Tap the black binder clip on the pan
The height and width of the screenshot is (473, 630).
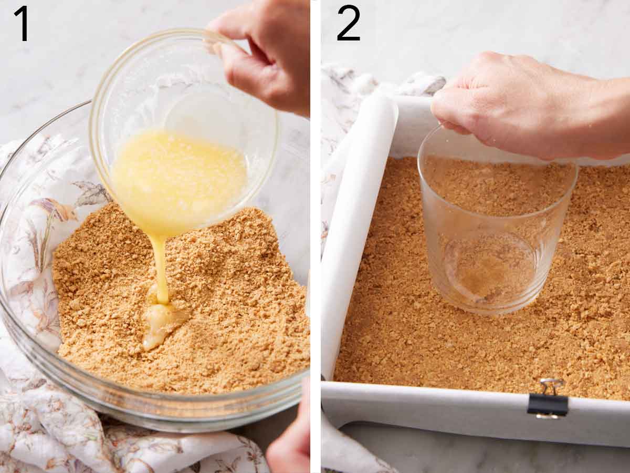[x=548, y=405]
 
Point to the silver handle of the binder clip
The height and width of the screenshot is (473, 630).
[x=551, y=386]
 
